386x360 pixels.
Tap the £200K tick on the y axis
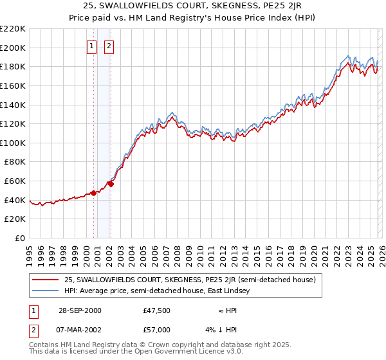(x=13, y=48)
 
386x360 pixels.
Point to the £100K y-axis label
(x=13, y=143)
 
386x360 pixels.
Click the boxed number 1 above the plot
(x=92, y=46)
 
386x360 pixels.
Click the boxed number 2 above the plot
(x=109, y=46)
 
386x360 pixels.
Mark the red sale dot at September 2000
(x=94, y=192)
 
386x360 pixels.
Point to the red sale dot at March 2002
(x=111, y=184)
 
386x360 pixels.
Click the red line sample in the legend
(x=46, y=280)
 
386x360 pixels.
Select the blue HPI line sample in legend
(x=46, y=291)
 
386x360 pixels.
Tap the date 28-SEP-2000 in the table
(x=79, y=310)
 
